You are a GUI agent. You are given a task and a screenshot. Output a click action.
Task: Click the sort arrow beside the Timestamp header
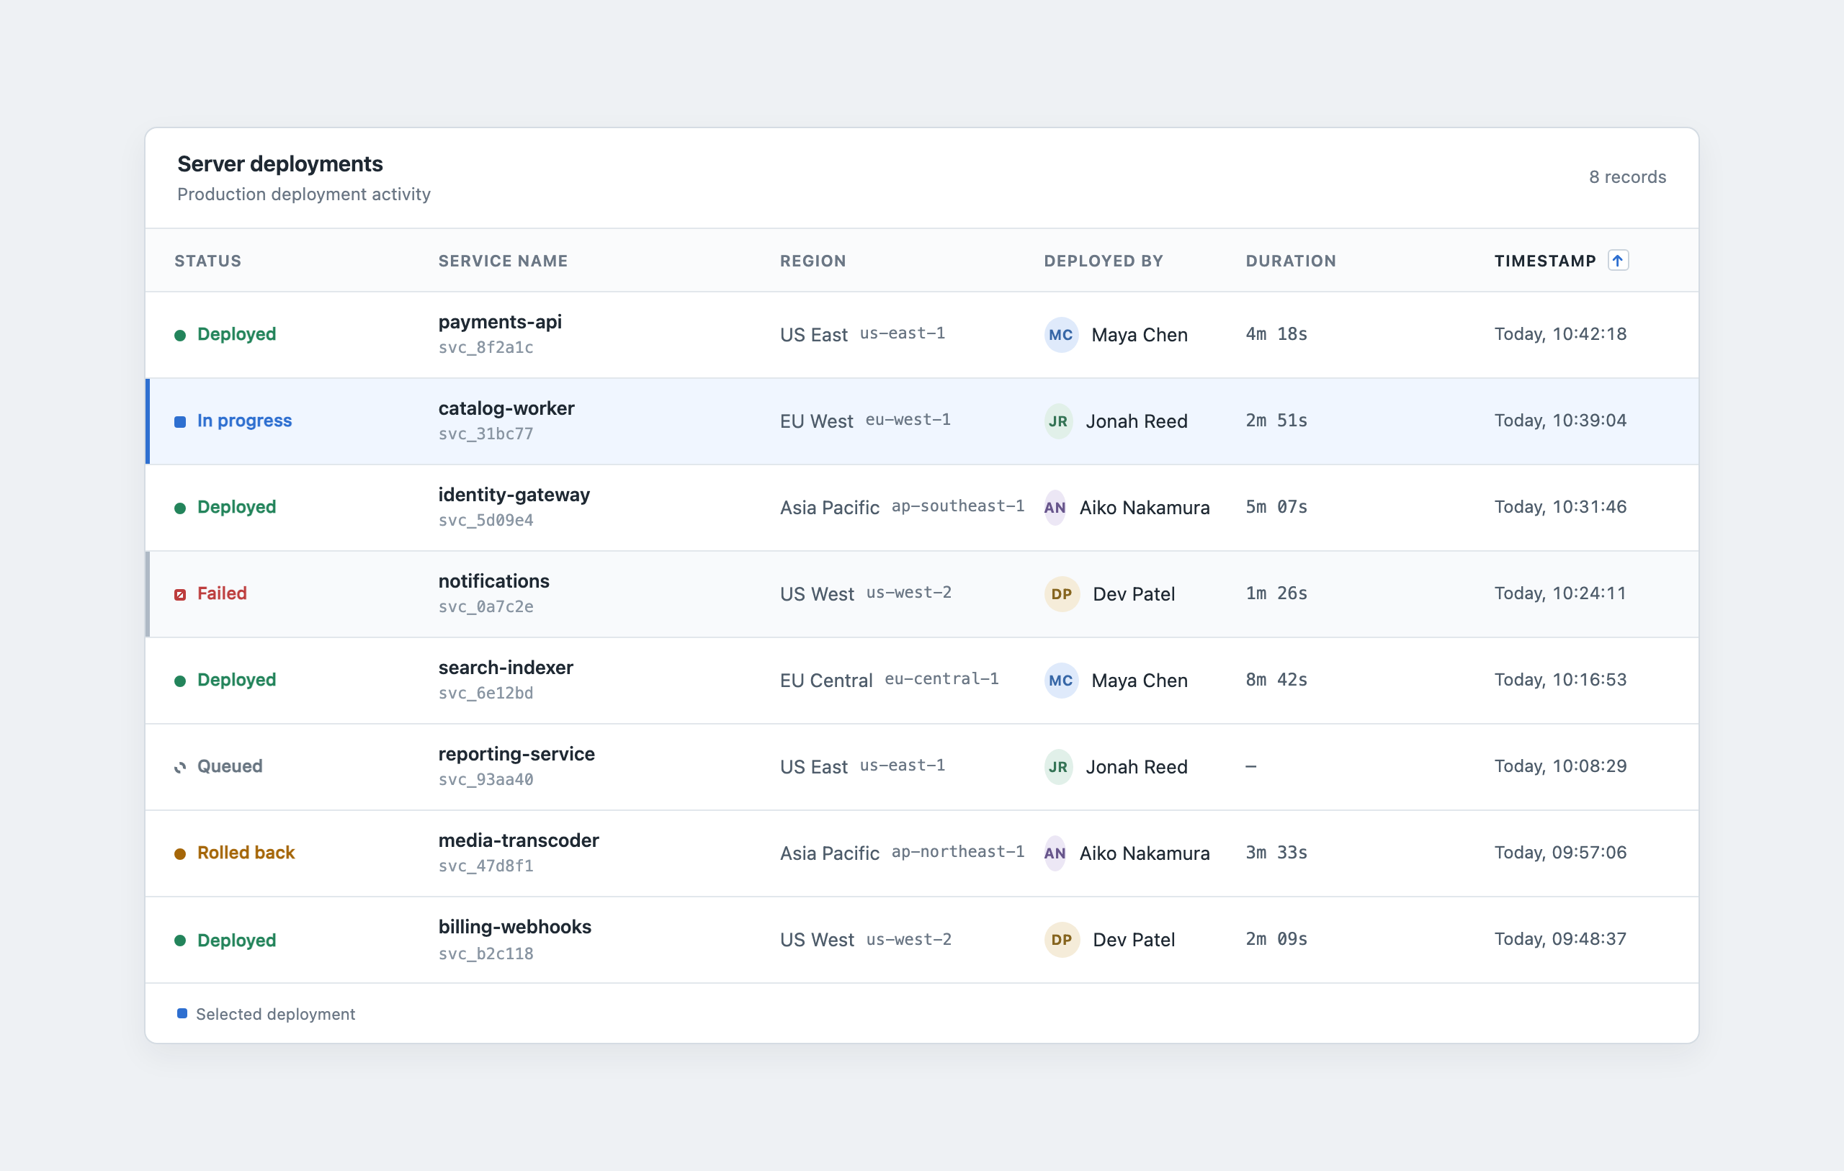tap(1617, 261)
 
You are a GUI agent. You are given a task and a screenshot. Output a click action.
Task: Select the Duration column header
tap(1290, 261)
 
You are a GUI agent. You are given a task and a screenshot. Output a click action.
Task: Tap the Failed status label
tap(222, 593)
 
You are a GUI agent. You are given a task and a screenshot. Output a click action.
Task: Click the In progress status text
tap(244, 421)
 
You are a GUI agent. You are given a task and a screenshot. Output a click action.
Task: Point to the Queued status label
tap(230, 766)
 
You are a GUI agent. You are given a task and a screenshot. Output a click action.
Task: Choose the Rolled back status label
tap(246, 853)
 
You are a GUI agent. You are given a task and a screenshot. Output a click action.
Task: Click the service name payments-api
tap(500, 322)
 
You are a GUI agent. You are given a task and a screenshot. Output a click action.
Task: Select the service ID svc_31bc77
tap(485, 434)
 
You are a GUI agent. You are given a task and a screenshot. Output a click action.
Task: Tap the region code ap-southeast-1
tap(957, 506)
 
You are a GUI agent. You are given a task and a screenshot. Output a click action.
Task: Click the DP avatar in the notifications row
tap(1061, 593)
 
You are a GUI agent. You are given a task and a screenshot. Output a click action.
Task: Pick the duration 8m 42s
tap(1276, 679)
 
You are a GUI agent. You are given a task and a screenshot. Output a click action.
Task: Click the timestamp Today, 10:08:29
tap(1560, 766)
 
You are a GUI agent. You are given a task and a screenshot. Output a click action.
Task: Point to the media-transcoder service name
tap(519, 840)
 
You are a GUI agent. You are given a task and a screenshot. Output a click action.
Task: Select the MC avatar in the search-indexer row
tap(1061, 680)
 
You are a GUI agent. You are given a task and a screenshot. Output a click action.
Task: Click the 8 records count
tap(1627, 177)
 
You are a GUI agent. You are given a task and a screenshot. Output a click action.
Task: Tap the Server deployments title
tap(279, 164)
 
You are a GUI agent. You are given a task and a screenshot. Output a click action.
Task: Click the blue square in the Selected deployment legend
tap(182, 1013)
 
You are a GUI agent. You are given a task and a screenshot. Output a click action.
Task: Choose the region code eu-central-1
tap(941, 678)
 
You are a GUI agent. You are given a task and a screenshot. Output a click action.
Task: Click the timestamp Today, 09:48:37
tap(1560, 939)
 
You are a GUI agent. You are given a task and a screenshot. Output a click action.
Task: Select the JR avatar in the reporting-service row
tap(1058, 767)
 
